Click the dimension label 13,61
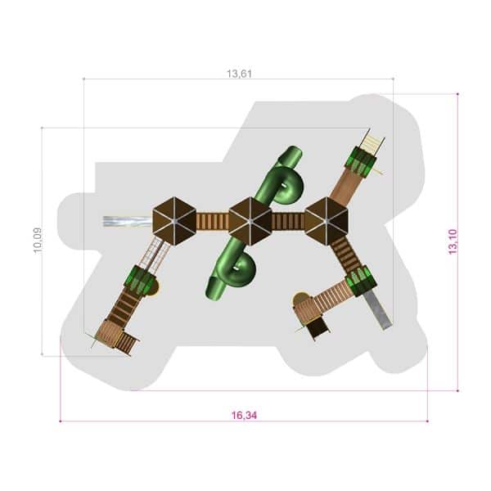coord(239,74)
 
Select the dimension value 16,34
coord(244,415)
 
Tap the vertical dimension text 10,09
coord(38,241)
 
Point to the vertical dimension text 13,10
coord(453,241)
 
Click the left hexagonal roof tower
coord(174,222)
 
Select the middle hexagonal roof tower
coord(250,222)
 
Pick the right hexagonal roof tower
coord(327,222)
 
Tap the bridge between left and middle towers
coord(212,222)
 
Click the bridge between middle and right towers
coord(288,222)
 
